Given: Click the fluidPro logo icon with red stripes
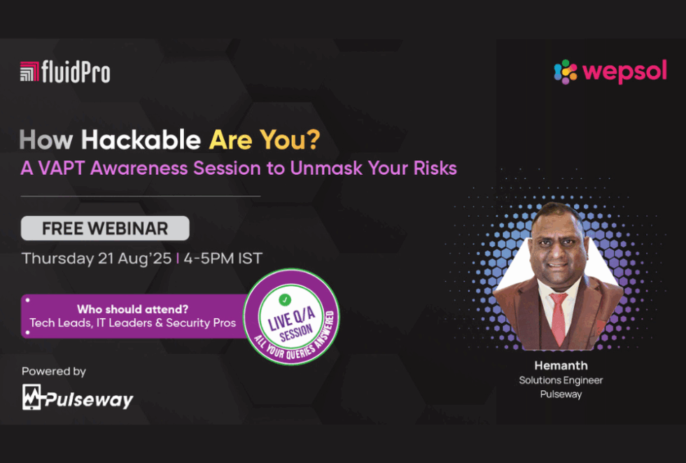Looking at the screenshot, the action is point(29,71).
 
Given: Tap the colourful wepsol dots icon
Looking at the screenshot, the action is point(566,72).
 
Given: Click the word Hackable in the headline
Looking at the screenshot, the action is point(141,140).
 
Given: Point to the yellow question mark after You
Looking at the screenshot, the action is point(312,139).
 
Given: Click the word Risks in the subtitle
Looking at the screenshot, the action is point(435,169).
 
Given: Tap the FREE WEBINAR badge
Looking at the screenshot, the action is point(105,228).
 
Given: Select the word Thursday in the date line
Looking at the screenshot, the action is point(57,259).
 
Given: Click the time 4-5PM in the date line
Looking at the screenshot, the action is point(209,258).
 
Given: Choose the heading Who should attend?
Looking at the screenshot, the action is point(132,309).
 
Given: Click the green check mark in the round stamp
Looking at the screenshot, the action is point(285,300).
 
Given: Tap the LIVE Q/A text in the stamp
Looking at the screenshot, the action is point(291,319).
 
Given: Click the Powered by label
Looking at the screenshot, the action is point(54,371).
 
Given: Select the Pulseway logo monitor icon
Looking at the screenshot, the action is point(32,397).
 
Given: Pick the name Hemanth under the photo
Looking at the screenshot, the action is point(561,366).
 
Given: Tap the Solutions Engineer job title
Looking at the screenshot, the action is point(561,380).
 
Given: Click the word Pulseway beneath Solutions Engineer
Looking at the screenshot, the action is point(561,394).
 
